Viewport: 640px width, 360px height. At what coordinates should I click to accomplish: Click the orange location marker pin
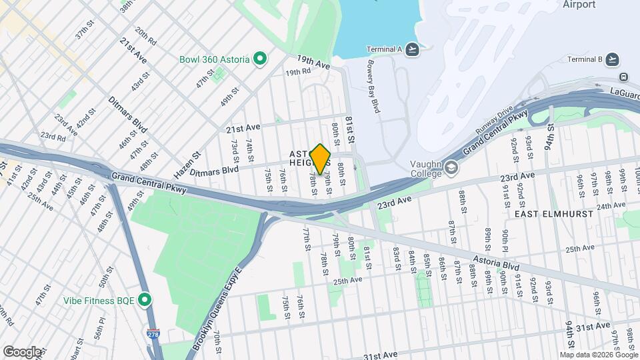321,159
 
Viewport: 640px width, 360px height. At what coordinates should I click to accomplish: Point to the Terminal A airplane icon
413,49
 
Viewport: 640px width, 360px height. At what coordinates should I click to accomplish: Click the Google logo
22,351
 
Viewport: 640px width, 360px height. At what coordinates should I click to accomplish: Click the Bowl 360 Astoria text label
215,59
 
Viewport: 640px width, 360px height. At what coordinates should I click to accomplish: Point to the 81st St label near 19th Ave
349,126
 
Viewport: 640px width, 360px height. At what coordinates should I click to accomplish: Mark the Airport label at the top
579,5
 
